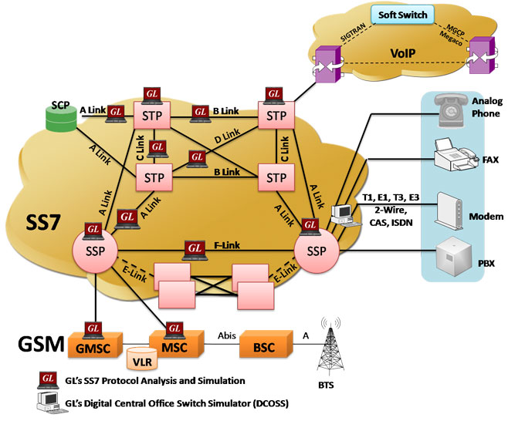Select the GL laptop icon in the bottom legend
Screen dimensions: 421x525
pos(47,379)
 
